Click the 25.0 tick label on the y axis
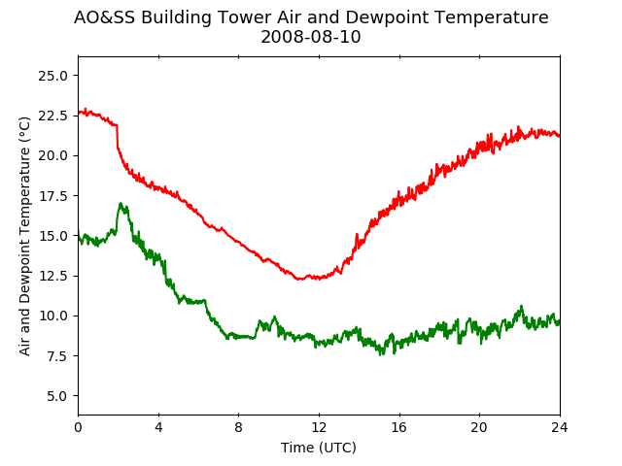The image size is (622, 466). tap(52, 76)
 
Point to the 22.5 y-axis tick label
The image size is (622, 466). tap(52, 116)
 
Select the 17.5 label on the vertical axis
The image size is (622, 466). tap(52, 196)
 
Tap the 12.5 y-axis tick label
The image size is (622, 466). tap(52, 276)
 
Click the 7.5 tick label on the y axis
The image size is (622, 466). tap(57, 356)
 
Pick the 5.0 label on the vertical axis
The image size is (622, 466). tap(57, 396)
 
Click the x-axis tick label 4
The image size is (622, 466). tap(158, 427)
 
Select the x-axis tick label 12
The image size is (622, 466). tap(319, 427)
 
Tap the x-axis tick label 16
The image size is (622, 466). tap(399, 427)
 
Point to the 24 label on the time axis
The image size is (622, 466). tap(560, 427)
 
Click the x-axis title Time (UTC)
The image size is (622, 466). tap(319, 448)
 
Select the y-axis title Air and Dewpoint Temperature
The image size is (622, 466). tap(24, 236)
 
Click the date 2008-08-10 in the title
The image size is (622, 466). tap(311, 37)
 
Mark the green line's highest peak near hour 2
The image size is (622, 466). tap(121, 203)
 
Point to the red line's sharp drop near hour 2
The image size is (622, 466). tap(117, 137)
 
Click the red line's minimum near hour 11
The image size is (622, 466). tap(300, 279)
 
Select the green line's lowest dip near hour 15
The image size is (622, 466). tap(381, 354)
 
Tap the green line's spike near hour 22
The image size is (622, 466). tap(521, 307)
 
